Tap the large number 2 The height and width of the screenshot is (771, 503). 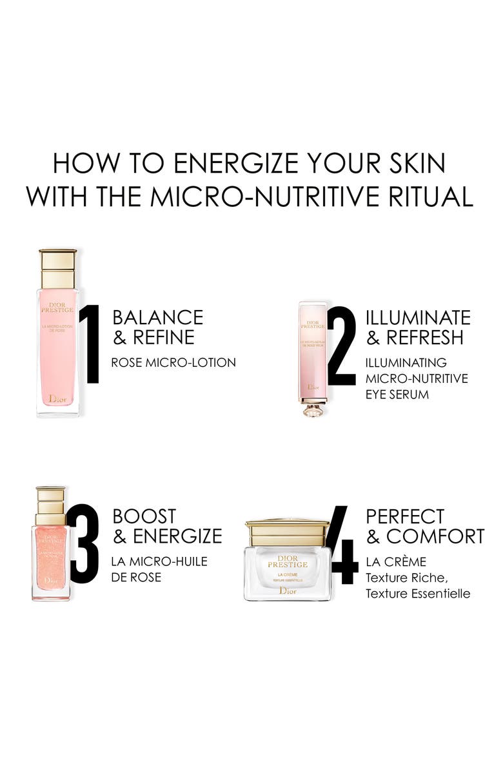[342, 346]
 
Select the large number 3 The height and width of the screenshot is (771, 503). [84, 543]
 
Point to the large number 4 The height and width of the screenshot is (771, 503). [342, 545]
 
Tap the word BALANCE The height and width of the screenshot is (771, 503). [157, 317]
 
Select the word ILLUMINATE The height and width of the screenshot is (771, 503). [418, 317]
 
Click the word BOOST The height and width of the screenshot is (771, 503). [144, 516]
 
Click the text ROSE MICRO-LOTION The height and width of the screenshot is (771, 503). [173, 362]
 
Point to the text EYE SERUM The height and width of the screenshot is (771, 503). [397, 393]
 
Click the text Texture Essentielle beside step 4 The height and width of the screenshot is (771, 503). [418, 593]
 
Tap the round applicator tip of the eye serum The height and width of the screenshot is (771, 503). [313, 409]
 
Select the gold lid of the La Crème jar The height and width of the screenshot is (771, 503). [287, 533]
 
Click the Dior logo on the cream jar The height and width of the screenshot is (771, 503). [288, 591]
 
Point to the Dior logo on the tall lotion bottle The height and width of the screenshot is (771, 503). [58, 399]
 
